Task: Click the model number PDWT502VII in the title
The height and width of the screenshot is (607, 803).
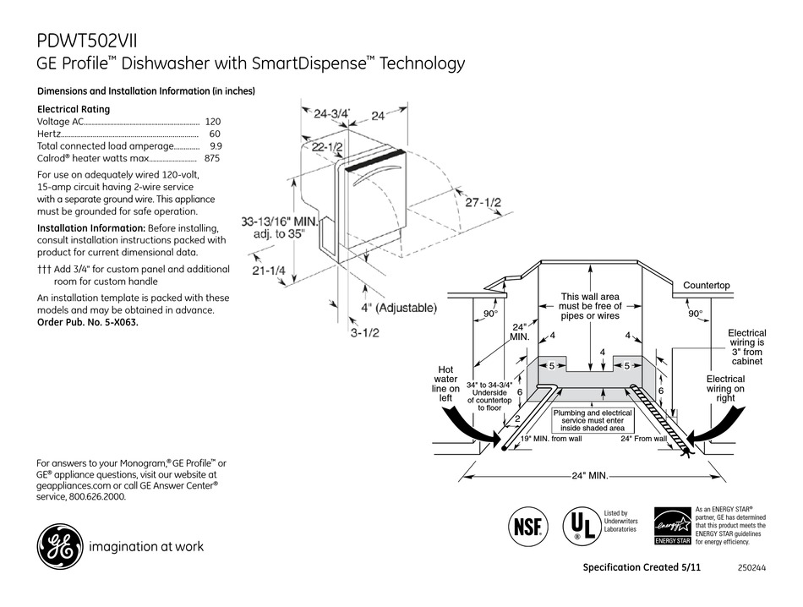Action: coord(89,41)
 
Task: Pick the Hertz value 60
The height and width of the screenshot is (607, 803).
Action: coord(214,134)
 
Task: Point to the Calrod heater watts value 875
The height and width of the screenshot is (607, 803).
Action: coord(211,157)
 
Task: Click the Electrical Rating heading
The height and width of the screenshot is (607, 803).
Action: coord(74,109)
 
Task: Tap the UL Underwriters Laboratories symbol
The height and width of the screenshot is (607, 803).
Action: coord(577,525)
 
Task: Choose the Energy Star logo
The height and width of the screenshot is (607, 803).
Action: coord(670,527)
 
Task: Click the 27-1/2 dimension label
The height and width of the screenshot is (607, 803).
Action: coord(482,204)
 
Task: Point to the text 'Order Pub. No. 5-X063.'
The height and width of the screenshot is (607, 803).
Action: coord(88,322)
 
